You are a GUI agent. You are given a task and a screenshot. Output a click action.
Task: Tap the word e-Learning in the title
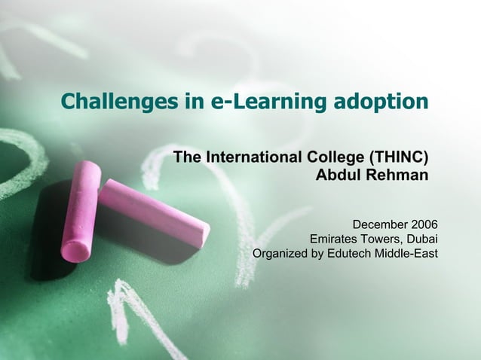pos(254,102)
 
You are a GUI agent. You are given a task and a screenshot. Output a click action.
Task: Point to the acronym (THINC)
pos(399,157)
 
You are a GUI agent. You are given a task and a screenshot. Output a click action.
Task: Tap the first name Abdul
pos(335,175)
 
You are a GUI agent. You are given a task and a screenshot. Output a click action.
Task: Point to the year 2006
pos(424,224)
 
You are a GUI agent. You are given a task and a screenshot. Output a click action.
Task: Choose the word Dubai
pos(421,239)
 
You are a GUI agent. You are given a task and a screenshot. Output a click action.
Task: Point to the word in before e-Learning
pos(195,102)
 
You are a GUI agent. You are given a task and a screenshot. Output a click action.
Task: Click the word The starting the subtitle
pos(188,157)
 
